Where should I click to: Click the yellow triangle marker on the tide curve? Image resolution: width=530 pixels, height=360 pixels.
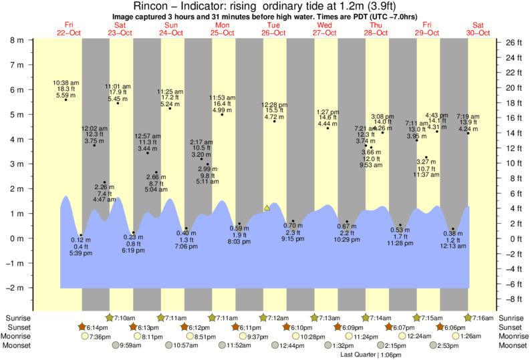(x=267, y=208)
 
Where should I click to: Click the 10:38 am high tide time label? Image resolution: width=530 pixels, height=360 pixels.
(x=65, y=81)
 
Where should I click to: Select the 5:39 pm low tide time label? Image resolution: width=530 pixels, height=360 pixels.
(x=81, y=254)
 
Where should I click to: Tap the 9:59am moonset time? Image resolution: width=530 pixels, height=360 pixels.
(x=130, y=346)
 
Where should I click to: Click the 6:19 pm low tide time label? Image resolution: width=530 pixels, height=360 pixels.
(x=133, y=250)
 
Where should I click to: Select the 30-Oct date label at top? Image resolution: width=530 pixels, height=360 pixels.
(x=479, y=32)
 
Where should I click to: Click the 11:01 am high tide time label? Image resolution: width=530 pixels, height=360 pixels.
(x=118, y=86)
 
